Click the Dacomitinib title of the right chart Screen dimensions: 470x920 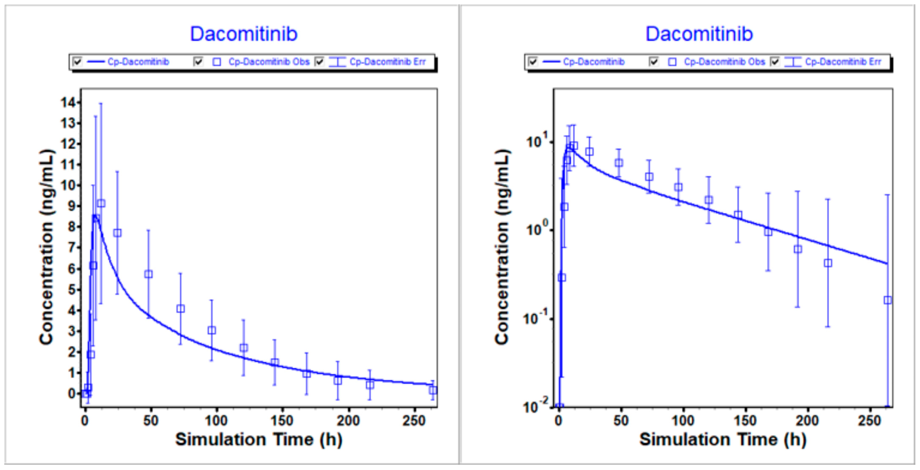coord(699,34)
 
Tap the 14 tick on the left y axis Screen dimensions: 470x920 coord(68,103)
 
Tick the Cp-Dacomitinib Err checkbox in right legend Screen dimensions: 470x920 coord(775,62)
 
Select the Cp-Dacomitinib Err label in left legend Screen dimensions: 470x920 coord(388,62)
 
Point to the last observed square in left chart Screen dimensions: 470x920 coord(433,390)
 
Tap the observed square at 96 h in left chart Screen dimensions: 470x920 coord(212,330)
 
